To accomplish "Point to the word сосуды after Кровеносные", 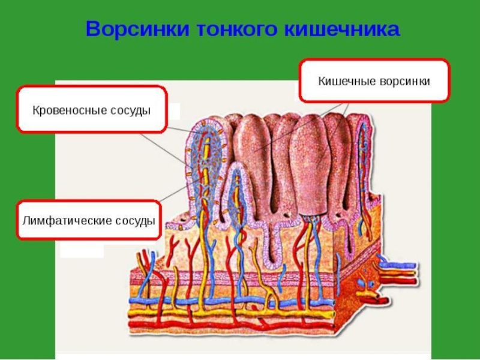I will pyautogui.click(x=129, y=111).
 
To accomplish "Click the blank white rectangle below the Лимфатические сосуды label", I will pyautogui.click(x=82, y=251).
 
